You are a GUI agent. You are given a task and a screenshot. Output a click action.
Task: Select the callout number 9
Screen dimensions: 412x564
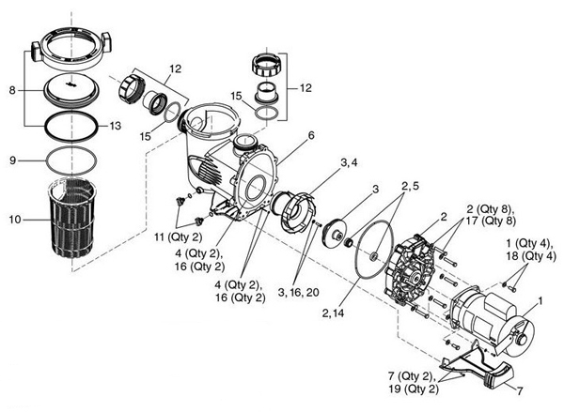click(x=13, y=160)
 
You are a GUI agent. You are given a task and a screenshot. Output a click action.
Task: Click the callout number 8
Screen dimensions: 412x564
click(x=11, y=91)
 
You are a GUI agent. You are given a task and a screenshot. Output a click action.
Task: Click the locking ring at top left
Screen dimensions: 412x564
click(x=71, y=48)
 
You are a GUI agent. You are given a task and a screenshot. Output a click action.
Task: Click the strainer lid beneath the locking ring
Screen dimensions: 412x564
click(x=71, y=91)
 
